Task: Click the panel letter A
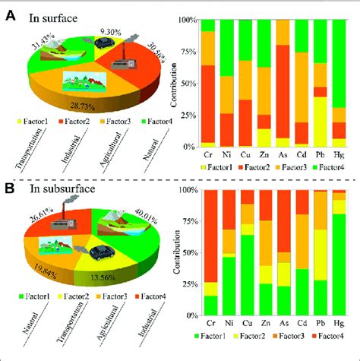(11, 13)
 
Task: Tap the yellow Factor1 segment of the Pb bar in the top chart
(321, 122)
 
